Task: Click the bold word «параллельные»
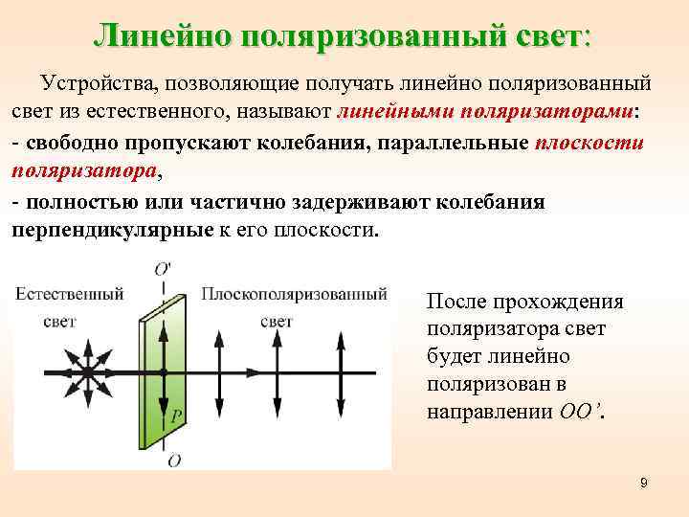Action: [x=461, y=145]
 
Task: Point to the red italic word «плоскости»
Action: [x=590, y=145]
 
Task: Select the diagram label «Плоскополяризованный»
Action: [x=294, y=294]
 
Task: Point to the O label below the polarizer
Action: [x=172, y=461]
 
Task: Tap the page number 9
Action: [x=644, y=483]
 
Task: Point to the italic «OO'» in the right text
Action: [x=579, y=413]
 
